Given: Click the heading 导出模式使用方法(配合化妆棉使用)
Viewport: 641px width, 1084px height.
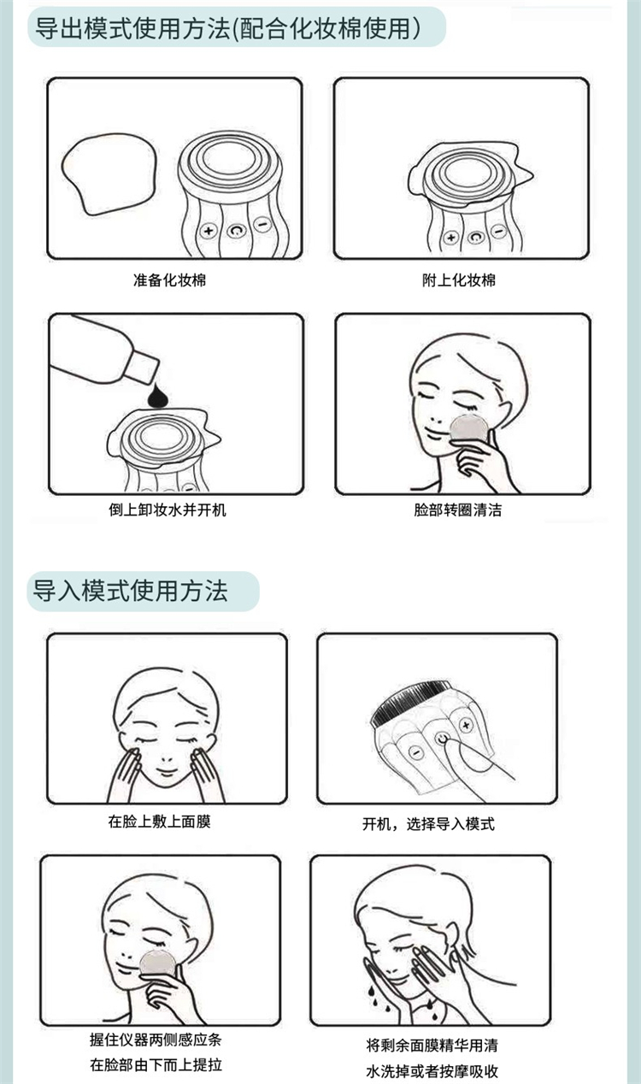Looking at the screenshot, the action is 228,28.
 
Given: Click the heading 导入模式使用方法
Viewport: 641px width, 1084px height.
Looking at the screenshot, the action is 130,591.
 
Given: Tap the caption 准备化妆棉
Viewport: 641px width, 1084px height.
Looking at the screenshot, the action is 169,280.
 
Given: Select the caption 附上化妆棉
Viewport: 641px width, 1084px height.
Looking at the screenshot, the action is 459,280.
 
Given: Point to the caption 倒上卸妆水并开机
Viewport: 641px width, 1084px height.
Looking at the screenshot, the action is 168,510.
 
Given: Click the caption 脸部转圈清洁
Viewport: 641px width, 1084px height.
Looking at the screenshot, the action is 457,510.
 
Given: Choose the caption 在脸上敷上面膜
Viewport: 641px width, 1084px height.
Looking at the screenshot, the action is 159,822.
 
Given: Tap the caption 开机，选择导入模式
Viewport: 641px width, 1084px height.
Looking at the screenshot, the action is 429,823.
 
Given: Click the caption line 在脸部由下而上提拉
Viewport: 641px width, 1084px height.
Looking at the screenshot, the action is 156,1064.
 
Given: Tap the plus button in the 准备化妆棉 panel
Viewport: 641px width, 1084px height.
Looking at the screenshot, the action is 209,231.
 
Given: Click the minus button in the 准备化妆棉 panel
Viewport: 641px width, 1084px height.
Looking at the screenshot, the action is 262,224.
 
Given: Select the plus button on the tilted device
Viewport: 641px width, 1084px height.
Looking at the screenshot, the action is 466,725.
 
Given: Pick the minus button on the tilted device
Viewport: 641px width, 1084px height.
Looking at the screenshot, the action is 415,752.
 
